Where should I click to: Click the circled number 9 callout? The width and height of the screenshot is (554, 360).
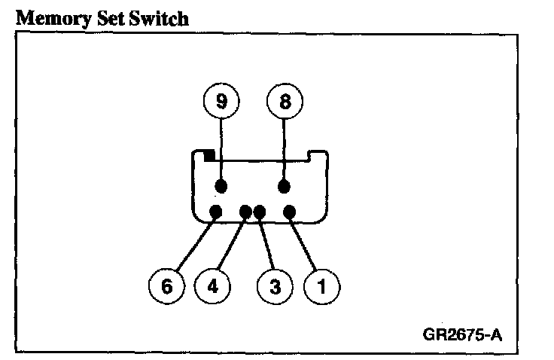click(x=221, y=102)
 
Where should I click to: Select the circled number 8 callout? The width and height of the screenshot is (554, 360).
click(x=285, y=102)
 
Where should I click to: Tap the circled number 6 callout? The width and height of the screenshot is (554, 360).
click(x=167, y=286)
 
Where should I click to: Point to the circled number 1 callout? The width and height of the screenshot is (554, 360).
click(x=321, y=286)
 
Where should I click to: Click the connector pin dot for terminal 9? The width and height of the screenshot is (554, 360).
click(x=221, y=186)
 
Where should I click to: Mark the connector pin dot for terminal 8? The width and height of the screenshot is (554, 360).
click(x=285, y=186)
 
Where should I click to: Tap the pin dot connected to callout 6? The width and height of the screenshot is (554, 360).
click(x=215, y=212)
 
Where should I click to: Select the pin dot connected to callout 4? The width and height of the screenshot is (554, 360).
click(x=245, y=212)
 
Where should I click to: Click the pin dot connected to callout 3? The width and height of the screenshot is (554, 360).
click(x=260, y=212)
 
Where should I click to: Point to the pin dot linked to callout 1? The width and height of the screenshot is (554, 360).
click(x=291, y=212)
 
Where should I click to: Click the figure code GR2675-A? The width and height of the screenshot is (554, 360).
click(x=462, y=333)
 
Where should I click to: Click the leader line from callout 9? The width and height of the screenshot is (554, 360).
click(x=221, y=151)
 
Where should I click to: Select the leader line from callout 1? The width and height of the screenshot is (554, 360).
click(x=304, y=246)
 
